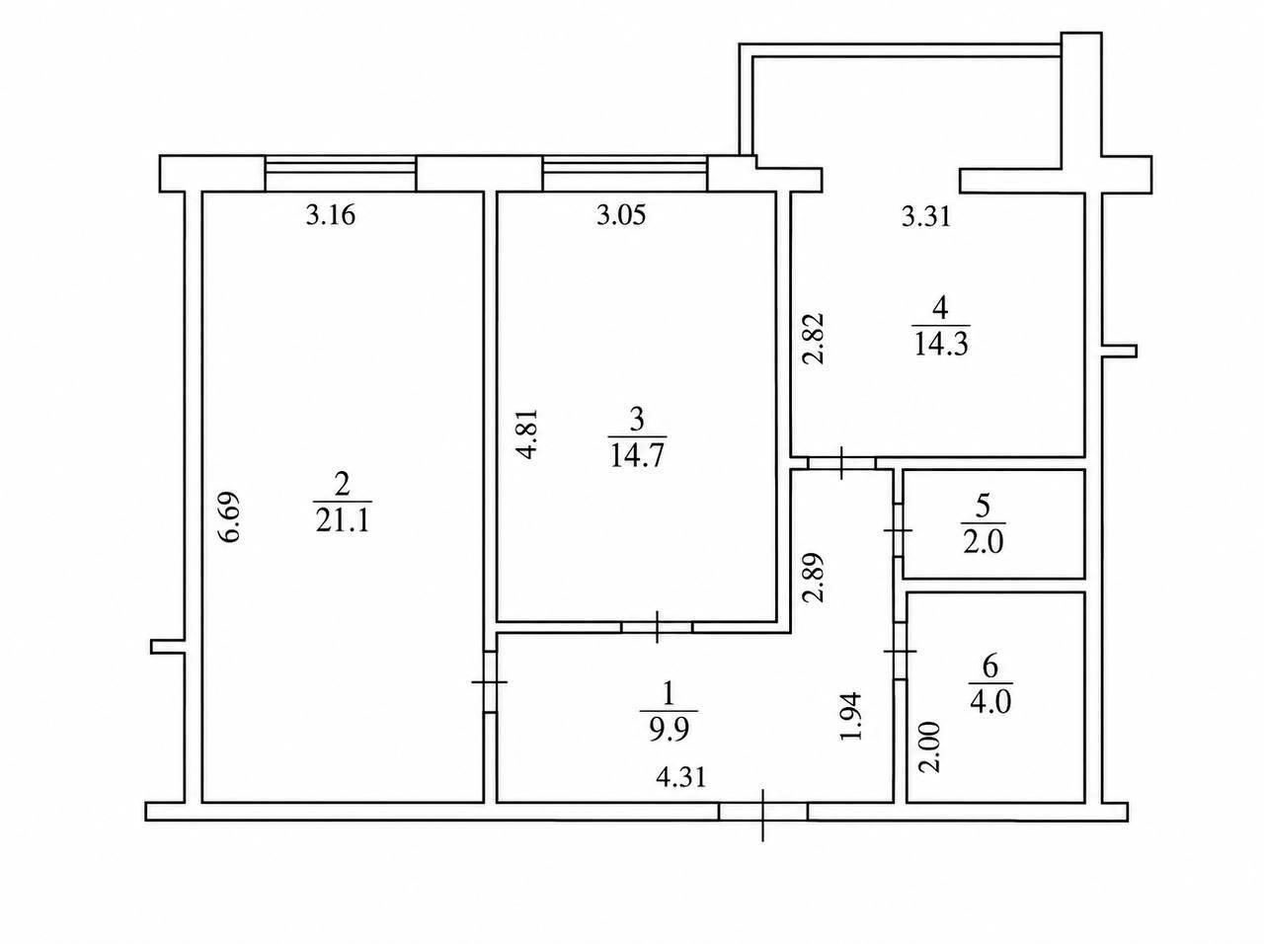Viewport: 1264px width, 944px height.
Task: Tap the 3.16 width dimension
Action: point(331,215)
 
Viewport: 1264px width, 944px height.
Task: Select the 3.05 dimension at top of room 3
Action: point(621,215)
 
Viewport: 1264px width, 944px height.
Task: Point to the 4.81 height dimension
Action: point(527,433)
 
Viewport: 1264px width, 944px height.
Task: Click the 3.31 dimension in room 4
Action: point(926,217)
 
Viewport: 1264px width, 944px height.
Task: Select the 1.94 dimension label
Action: point(852,716)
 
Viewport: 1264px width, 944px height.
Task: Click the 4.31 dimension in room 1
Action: point(681,778)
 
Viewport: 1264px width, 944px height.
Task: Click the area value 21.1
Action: point(343,521)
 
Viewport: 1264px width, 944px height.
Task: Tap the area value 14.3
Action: point(942,345)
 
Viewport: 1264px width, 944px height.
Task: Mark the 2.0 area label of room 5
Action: point(984,542)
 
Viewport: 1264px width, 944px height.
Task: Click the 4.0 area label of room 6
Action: point(990,702)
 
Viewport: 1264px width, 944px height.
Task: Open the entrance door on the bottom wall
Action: point(763,812)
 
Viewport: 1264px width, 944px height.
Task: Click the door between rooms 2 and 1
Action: point(490,682)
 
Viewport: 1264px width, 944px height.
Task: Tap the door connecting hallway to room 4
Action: point(842,463)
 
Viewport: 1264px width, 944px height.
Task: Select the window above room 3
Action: point(625,173)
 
